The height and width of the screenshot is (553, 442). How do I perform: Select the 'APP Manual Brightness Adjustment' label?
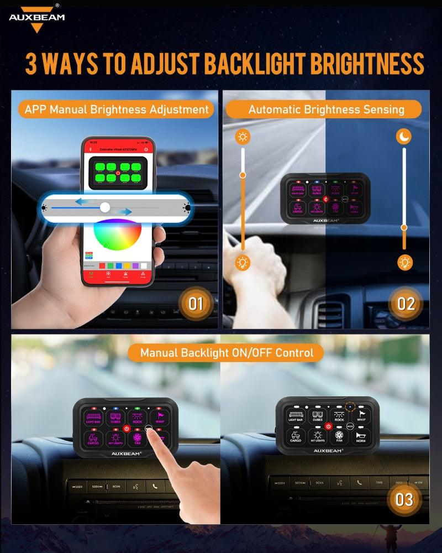117,109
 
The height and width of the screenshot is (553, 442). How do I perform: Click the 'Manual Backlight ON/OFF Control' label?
227,352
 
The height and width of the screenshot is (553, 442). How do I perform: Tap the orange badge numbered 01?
196,303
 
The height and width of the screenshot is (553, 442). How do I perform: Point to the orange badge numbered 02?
406,303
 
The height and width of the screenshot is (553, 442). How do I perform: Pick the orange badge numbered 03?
404,499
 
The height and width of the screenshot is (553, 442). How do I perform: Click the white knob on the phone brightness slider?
105,208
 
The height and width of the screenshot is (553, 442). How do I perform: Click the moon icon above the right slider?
404,137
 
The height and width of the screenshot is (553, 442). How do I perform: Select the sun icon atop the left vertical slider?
242,137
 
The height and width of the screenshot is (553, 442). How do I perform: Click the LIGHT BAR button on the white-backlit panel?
296,416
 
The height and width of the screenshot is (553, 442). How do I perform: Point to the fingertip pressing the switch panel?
150,431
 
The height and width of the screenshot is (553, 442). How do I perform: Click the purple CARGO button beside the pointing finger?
93,439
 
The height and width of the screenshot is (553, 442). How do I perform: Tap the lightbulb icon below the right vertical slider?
405,262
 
